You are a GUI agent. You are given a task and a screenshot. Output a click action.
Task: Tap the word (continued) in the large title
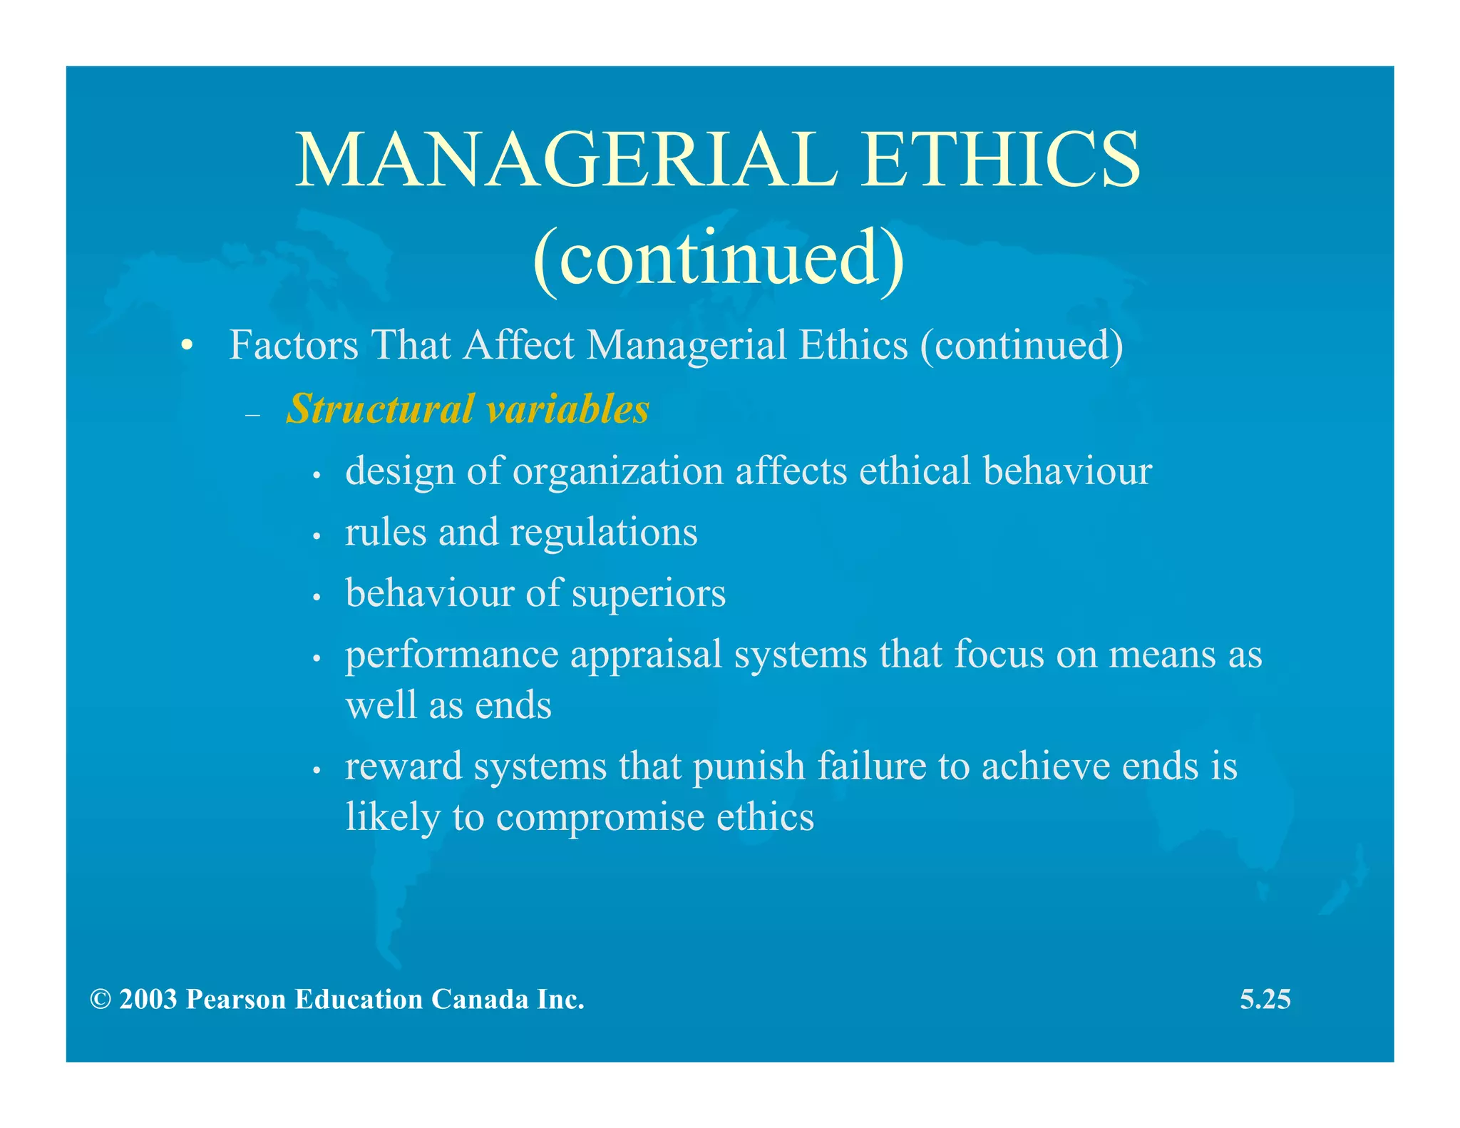(719, 258)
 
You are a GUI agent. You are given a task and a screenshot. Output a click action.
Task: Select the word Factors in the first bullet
(293, 346)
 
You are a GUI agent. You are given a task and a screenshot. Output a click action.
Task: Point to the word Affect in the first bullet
(519, 346)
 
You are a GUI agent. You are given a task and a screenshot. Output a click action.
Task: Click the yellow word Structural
(380, 409)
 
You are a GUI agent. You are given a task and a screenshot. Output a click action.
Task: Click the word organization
(618, 472)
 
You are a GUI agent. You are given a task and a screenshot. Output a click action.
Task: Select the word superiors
(648, 594)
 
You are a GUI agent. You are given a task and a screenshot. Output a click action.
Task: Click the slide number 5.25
(1265, 1000)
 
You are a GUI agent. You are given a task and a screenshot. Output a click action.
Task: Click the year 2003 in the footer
(148, 1000)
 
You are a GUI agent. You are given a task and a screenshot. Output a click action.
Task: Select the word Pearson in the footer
(235, 1000)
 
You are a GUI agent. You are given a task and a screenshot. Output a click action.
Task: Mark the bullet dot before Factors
(187, 347)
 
